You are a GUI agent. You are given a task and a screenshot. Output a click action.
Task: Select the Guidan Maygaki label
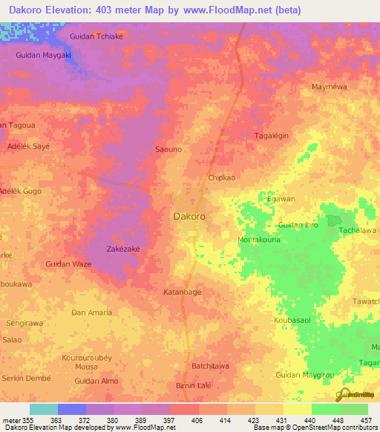43,55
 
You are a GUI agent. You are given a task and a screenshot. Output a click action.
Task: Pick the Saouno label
168,149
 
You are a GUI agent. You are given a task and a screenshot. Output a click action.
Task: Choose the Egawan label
281,199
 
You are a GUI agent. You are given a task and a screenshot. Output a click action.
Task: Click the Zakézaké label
123,249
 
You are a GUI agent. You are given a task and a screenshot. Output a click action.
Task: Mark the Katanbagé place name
182,292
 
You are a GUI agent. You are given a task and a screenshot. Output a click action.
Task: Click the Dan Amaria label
91,312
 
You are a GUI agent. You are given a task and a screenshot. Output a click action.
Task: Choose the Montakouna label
258,240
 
